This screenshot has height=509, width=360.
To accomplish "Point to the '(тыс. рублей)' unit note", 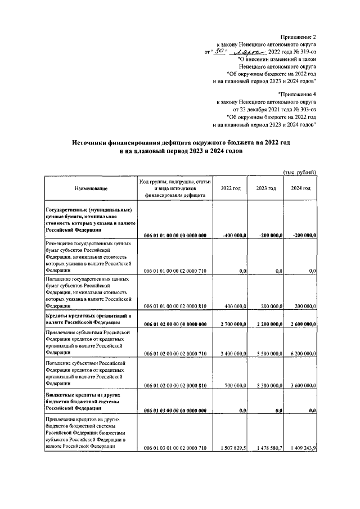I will click(299, 172).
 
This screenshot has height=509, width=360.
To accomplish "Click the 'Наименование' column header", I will click(90, 188).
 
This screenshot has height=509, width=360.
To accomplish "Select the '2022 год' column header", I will click(231, 188).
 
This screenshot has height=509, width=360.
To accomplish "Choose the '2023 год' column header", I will click(265, 188).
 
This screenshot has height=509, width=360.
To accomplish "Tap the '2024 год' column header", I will click(300, 188).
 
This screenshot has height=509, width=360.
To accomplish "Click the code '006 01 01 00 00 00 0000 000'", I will click(175, 235).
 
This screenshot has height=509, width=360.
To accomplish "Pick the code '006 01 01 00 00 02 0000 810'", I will click(175, 306).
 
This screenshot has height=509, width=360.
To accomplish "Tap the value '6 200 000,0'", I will click(300, 354).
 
